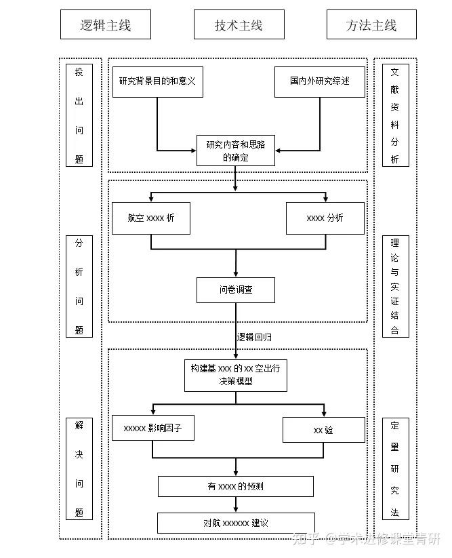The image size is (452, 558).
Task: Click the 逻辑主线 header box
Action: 106,24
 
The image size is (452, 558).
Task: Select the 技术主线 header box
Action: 239,24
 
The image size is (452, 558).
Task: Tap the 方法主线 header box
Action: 371,24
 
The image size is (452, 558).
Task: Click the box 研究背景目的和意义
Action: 158,82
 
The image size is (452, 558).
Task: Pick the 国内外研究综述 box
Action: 320,82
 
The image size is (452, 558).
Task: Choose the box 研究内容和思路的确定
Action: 236,151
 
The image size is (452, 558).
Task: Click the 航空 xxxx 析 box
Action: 151,218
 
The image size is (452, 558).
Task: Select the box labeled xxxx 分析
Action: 325,218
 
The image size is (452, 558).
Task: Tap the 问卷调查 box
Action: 236,290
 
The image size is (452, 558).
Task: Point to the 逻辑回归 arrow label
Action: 254,337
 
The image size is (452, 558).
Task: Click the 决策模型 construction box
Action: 236,376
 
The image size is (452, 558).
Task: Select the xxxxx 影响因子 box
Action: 153,428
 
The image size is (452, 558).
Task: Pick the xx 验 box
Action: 324,430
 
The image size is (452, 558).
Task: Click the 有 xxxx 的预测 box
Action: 236,487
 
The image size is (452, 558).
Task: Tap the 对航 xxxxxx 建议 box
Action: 236,523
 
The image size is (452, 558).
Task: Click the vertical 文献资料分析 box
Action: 396,115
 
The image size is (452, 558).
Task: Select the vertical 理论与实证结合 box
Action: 396,286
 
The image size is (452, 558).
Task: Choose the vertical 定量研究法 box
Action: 396,469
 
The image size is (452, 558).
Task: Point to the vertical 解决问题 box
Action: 79,469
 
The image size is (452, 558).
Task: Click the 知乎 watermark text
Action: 306,539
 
